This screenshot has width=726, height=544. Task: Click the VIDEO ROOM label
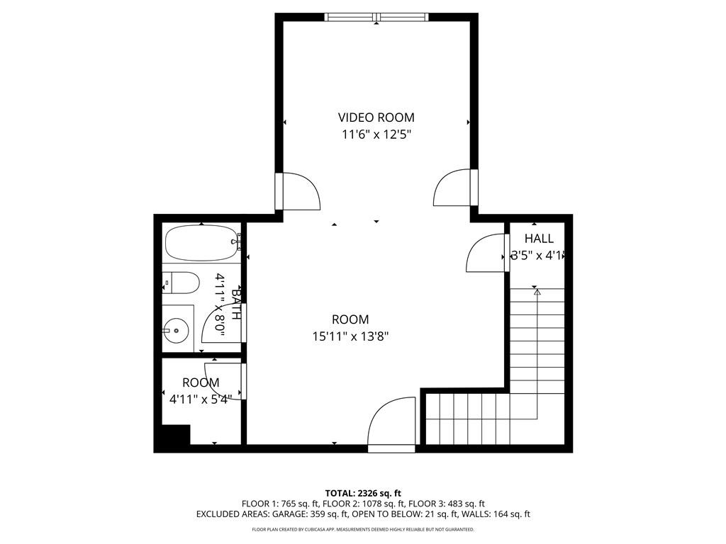click(x=376, y=118)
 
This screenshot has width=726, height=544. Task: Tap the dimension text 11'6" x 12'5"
click(x=376, y=134)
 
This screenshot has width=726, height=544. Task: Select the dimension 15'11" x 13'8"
click(x=350, y=336)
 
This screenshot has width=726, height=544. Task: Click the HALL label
click(x=539, y=239)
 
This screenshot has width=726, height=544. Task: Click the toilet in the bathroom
click(x=180, y=283)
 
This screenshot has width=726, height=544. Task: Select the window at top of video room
click(x=376, y=17)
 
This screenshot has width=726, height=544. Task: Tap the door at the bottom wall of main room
click(x=392, y=426)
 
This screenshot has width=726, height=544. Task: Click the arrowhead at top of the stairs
click(x=537, y=291)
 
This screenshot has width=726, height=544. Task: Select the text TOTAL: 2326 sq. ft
click(x=363, y=493)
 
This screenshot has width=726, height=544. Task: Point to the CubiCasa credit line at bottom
click(x=363, y=529)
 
